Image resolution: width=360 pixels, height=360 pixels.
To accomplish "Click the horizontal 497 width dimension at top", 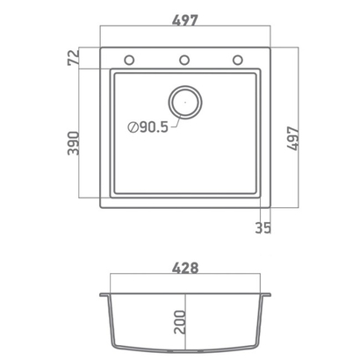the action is coord(185,20).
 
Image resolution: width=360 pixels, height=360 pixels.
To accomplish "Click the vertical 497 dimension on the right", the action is coord(293,139).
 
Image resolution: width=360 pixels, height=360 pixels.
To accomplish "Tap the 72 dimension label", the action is coord(73,58).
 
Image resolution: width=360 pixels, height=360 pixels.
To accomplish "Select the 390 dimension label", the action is coord(73,143).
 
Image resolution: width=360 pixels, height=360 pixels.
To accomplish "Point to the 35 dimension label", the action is coord(263,228).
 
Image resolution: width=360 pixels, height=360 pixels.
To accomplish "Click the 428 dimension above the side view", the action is coord(185,268).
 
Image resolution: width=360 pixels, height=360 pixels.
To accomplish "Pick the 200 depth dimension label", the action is coord(180,322).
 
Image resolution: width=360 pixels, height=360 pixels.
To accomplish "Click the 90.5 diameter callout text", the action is coord(154,127).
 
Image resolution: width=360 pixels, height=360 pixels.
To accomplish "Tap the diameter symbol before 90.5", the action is coord(133,127).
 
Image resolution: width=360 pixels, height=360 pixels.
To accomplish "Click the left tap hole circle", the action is coord(129,60).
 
